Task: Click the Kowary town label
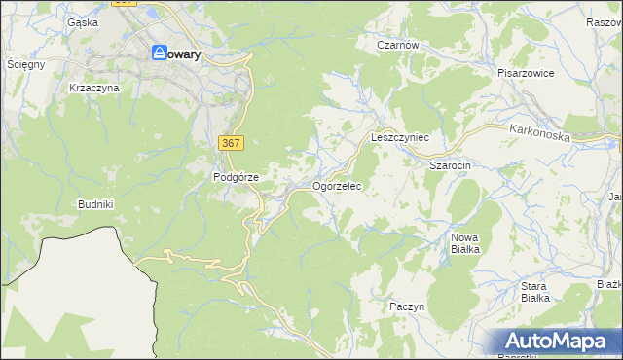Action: coord(183,55)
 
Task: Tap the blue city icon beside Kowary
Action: coord(158,55)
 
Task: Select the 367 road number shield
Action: coord(231,143)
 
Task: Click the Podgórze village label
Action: coord(236,177)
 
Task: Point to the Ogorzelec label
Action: coord(337,185)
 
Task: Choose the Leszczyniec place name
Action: coord(400,138)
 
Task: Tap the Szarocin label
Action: coord(451,165)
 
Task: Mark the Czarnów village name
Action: coord(397,45)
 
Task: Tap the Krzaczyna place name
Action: coord(93,88)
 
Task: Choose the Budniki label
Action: coord(96,205)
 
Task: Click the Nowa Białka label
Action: coord(465,243)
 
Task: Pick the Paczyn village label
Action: coord(407,306)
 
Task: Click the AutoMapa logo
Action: coord(558,341)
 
